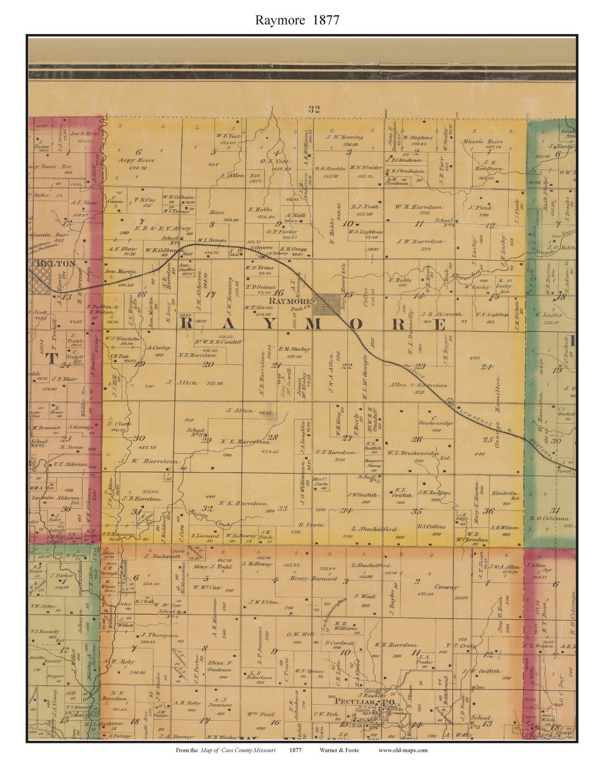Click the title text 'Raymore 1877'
pos(297,20)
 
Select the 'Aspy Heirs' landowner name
pos(136,160)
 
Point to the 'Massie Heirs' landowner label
pos(482,142)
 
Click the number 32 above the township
pos(314,109)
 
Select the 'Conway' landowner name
pos(445,587)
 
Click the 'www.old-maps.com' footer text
pos(403,750)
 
